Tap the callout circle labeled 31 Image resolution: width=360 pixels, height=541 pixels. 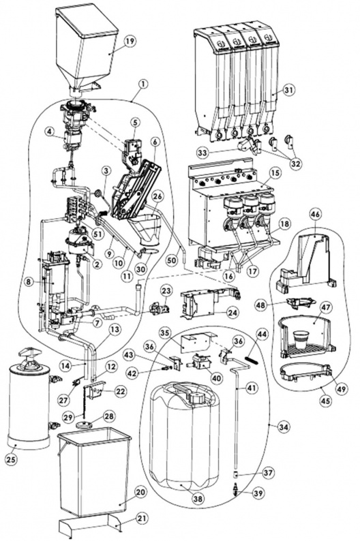[289, 90]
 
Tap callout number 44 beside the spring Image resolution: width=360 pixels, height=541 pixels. [262, 334]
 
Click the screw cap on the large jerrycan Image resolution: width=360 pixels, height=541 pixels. [198, 398]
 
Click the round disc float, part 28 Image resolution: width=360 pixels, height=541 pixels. [85, 424]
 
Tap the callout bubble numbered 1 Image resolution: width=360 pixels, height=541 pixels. [143, 84]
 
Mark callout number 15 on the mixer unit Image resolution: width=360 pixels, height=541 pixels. [275, 172]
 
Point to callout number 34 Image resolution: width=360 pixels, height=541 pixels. [284, 427]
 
